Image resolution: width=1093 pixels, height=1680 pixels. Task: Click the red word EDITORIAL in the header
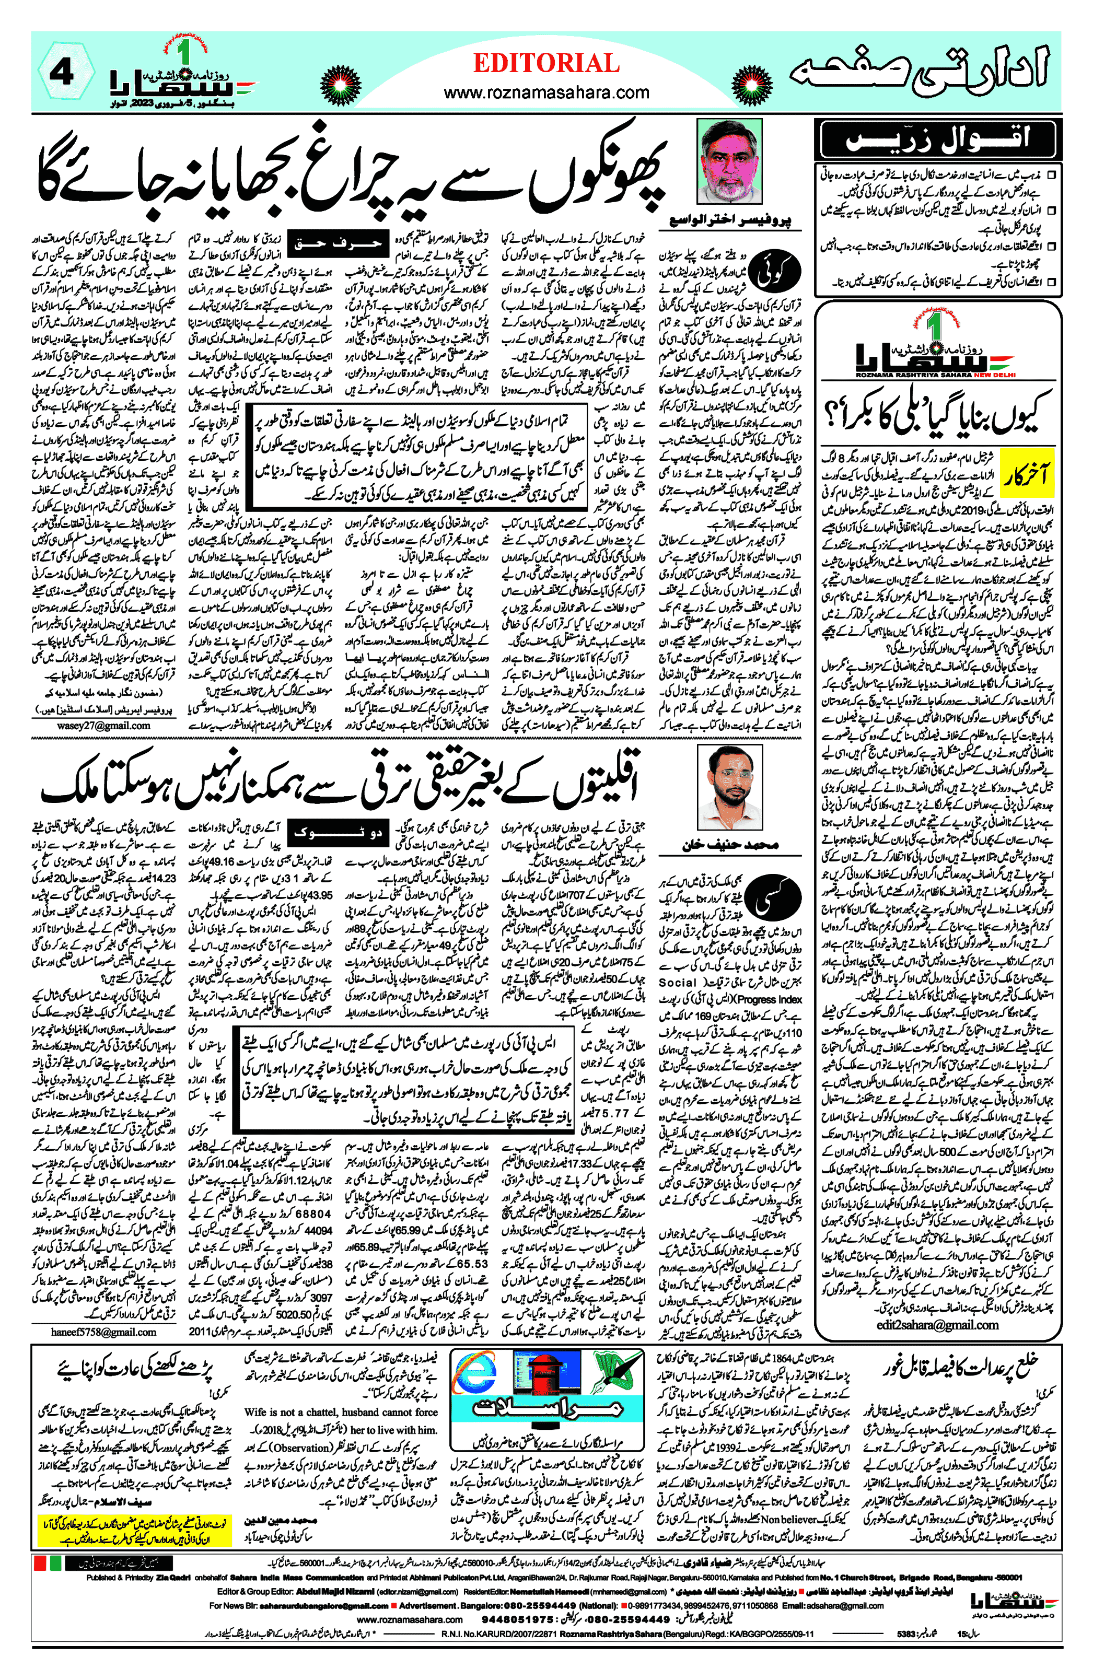click(x=546, y=64)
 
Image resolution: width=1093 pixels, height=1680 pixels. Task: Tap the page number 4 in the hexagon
click(x=62, y=73)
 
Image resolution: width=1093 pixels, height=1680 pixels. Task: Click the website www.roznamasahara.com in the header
click(x=546, y=92)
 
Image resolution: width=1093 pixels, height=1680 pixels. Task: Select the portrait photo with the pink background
click(x=729, y=161)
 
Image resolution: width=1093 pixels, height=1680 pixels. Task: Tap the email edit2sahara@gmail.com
click(x=937, y=1324)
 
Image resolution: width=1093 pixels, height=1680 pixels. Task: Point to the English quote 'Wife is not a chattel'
click(x=341, y=1412)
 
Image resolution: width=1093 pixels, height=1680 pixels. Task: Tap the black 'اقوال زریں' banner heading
click(x=937, y=139)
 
